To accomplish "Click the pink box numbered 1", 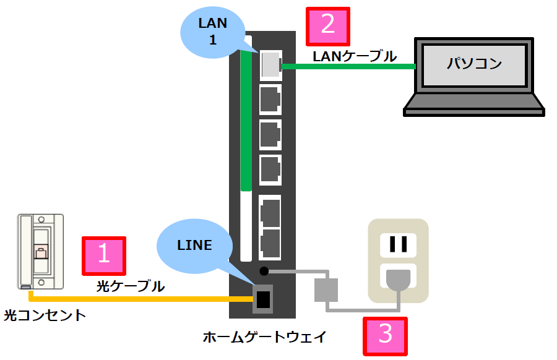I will pos(104,255).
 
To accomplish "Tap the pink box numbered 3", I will pos(386,335).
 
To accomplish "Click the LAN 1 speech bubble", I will pos(213,34).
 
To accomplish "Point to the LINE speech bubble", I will pos(194,246).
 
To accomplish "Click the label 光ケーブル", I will pos(131,286).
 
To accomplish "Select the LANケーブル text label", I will pos(355,57).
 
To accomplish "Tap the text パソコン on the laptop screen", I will pos(474,63).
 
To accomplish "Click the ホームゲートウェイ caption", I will pos(264,337).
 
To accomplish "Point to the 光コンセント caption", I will pos(45,316).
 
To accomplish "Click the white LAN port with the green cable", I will pos(270,65).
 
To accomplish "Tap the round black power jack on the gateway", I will pos(264,270).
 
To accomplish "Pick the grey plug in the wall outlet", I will pos(397,280).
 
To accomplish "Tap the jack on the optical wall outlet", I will pos(41,252).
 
